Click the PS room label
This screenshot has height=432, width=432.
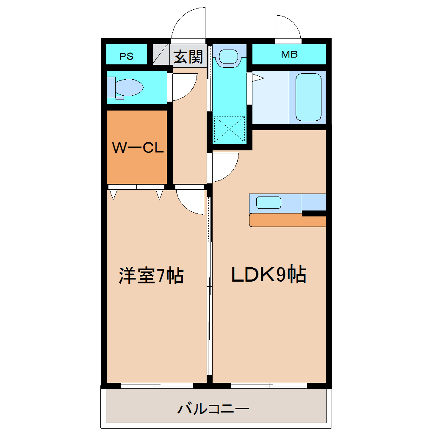click(126, 56)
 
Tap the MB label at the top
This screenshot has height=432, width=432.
click(289, 54)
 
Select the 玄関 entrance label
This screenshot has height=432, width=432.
click(188, 56)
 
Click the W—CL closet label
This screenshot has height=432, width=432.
click(138, 148)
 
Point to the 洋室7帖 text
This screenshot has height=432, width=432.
click(151, 276)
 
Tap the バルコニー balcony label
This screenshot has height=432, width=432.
click(213, 409)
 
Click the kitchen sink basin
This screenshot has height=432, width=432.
click(269, 202)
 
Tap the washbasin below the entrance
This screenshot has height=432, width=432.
click(229, 56)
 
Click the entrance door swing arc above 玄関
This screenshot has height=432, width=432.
click(189, 23)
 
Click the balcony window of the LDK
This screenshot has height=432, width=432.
click(269, 386)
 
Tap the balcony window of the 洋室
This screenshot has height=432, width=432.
click(157, 386)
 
